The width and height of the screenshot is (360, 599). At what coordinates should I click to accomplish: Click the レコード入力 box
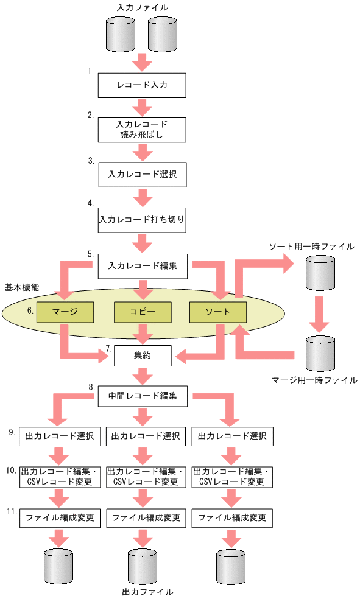coord(141,86)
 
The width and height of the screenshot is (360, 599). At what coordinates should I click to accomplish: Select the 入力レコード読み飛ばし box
coord(141,130)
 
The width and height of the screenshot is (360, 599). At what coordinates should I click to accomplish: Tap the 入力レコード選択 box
coord(141,175)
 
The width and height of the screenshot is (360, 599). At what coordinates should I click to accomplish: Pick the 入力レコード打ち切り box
coord(141,220)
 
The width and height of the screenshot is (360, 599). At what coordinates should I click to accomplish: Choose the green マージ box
coord(65,312)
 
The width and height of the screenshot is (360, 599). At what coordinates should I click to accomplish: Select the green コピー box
coord(142,312)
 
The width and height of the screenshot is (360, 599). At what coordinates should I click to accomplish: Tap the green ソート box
coord(218,312)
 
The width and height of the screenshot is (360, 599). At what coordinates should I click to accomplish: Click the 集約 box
coord(143,356)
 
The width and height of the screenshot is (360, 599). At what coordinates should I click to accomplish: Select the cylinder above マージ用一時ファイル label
coord(320,352)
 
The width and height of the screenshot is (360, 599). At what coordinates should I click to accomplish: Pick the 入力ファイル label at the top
coord(141,7)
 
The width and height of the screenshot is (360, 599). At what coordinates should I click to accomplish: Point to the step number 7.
coord(108,348)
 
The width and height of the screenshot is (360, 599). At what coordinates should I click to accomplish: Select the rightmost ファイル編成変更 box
coord(231,518)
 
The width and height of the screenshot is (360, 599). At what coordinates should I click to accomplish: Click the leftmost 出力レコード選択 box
coord(60,436)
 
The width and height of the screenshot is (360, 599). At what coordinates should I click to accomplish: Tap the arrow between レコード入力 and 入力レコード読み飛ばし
coord(141,107)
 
